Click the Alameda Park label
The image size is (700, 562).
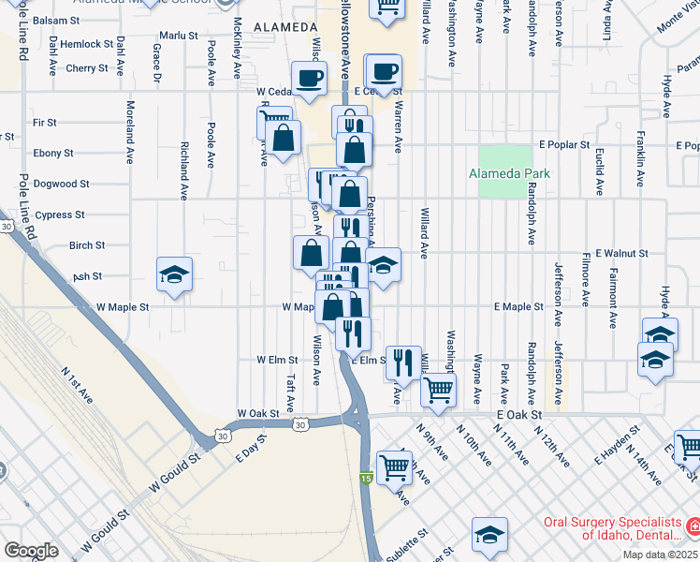point(509,174)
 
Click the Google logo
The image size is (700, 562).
point(31,550)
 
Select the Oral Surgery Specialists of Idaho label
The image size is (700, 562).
point(619,528)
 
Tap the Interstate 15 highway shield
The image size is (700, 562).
point(365,479)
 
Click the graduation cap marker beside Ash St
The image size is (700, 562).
point(174,275)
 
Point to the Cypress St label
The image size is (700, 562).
point(60,214)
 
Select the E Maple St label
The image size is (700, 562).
point(518,306)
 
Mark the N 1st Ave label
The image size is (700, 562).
point(76,385)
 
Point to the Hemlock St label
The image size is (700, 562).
point(87,44)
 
